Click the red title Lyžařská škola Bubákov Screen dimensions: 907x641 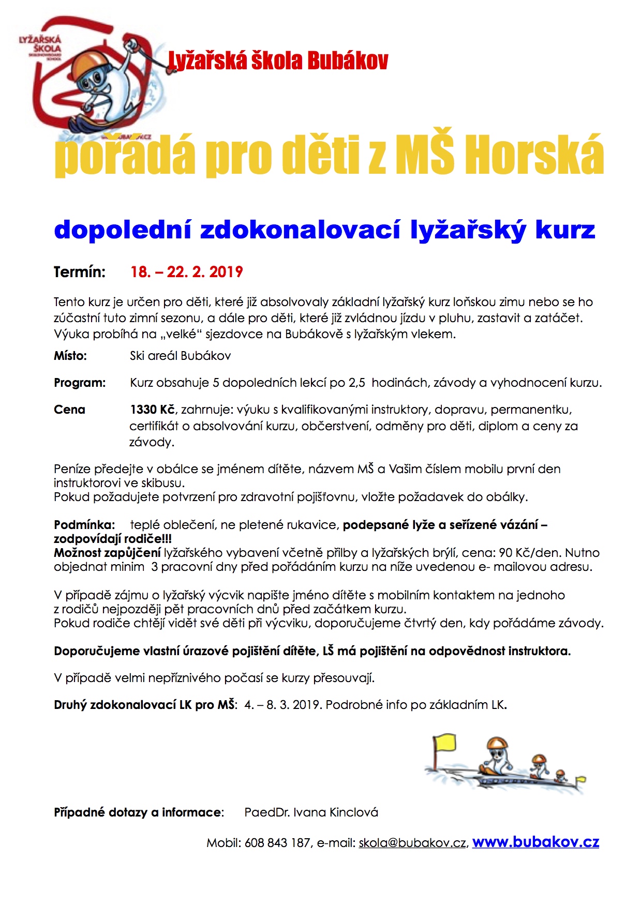click(x=278, y=61)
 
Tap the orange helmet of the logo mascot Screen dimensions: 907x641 click(x=90, y=65)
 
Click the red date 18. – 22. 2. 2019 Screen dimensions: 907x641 click(x=187, y=272)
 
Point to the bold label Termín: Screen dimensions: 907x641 click(x=80, y=272)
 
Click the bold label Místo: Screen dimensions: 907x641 click(x=70, y=356)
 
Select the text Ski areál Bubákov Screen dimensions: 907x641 click(x=180, y=356)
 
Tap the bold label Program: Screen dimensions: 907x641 click(x=80, y=383)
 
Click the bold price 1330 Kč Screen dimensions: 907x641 click(x=152, y=410)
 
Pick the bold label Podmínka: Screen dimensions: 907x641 click(x=84, y=525)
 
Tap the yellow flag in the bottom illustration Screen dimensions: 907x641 click(x=445, y=743)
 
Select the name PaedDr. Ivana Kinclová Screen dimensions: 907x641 click(x=311, y=812)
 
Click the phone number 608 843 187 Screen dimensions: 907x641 click(x=277, y=843)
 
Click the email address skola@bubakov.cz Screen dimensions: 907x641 click(x=412, y=843)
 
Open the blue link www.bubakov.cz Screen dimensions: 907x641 click(x=535, y=842)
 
